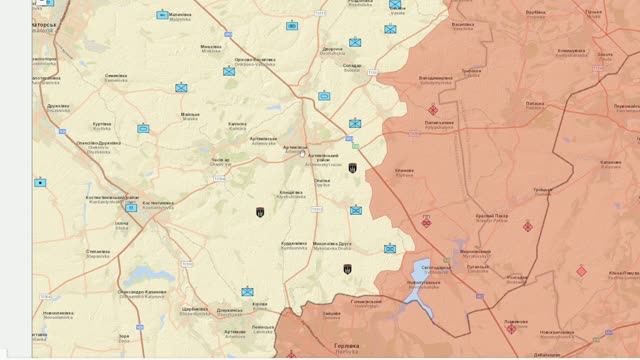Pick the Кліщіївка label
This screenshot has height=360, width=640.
(291, 191)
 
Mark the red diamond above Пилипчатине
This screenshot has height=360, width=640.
(432, 110)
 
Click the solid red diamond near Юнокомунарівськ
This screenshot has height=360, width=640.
(582, 271)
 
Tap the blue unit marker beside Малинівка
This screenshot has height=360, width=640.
(162, 15)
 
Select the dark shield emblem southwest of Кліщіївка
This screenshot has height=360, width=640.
(260, 212)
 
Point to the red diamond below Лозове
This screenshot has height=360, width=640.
(512, 327)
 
